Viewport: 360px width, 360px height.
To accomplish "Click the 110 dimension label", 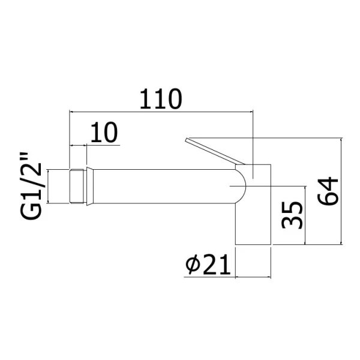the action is click(161, 99).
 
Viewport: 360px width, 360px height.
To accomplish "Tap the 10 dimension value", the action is click(104, 133).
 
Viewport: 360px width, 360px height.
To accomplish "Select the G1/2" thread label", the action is click(31, 186).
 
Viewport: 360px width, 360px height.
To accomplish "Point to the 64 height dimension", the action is click(328, 191).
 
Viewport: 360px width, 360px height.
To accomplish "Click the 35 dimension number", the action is click(292, 215).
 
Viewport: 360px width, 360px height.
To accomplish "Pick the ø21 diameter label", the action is click(208, 265).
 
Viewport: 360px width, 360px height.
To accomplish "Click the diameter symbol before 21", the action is click(193, 265).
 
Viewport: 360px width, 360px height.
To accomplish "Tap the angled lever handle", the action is click(215, 151).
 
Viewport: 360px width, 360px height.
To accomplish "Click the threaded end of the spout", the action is click(76, 186).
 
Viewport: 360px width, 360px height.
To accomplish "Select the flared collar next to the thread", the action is click(90, 186).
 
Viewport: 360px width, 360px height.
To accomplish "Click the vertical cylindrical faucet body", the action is click(253, 205).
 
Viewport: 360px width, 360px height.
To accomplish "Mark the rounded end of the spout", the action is click(244, 186).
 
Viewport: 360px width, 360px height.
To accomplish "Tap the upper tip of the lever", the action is click(187, 139).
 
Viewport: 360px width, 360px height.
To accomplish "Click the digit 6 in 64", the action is click(328, 199).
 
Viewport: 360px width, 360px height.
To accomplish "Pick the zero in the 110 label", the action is click(174, 99).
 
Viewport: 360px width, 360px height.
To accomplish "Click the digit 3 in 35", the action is click(292, 223).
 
